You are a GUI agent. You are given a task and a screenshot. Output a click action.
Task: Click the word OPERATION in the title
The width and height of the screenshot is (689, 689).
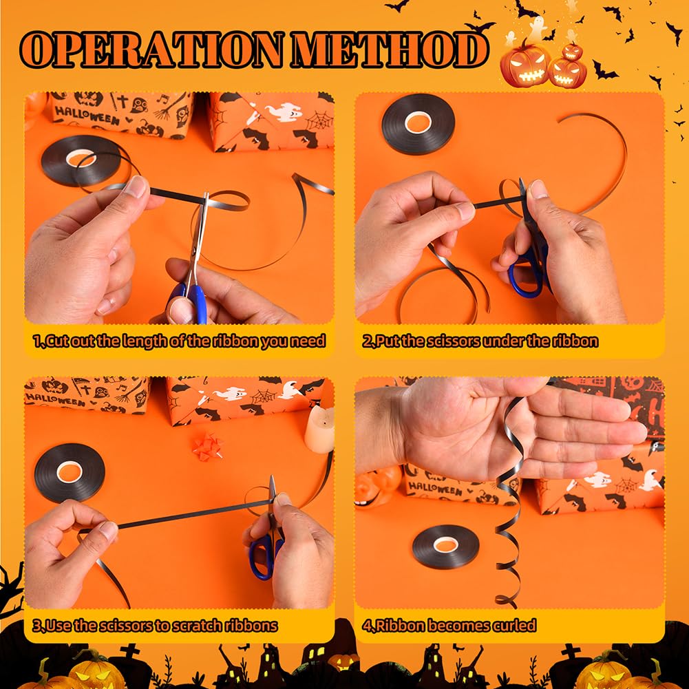pyautogui.click(x=151, y=50)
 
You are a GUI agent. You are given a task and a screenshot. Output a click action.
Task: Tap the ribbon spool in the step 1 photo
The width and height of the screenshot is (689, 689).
pyautogui.click(x=81, y=159)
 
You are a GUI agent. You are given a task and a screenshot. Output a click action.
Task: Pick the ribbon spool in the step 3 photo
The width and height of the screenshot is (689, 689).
pyautogui.click(x=70, y=472)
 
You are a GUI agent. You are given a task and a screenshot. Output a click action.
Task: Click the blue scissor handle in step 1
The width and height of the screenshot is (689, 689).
pyautogui.click(x=189, y=303)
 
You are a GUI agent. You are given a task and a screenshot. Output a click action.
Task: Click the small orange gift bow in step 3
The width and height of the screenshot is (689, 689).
pyautogui.click(x=207, y=445)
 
